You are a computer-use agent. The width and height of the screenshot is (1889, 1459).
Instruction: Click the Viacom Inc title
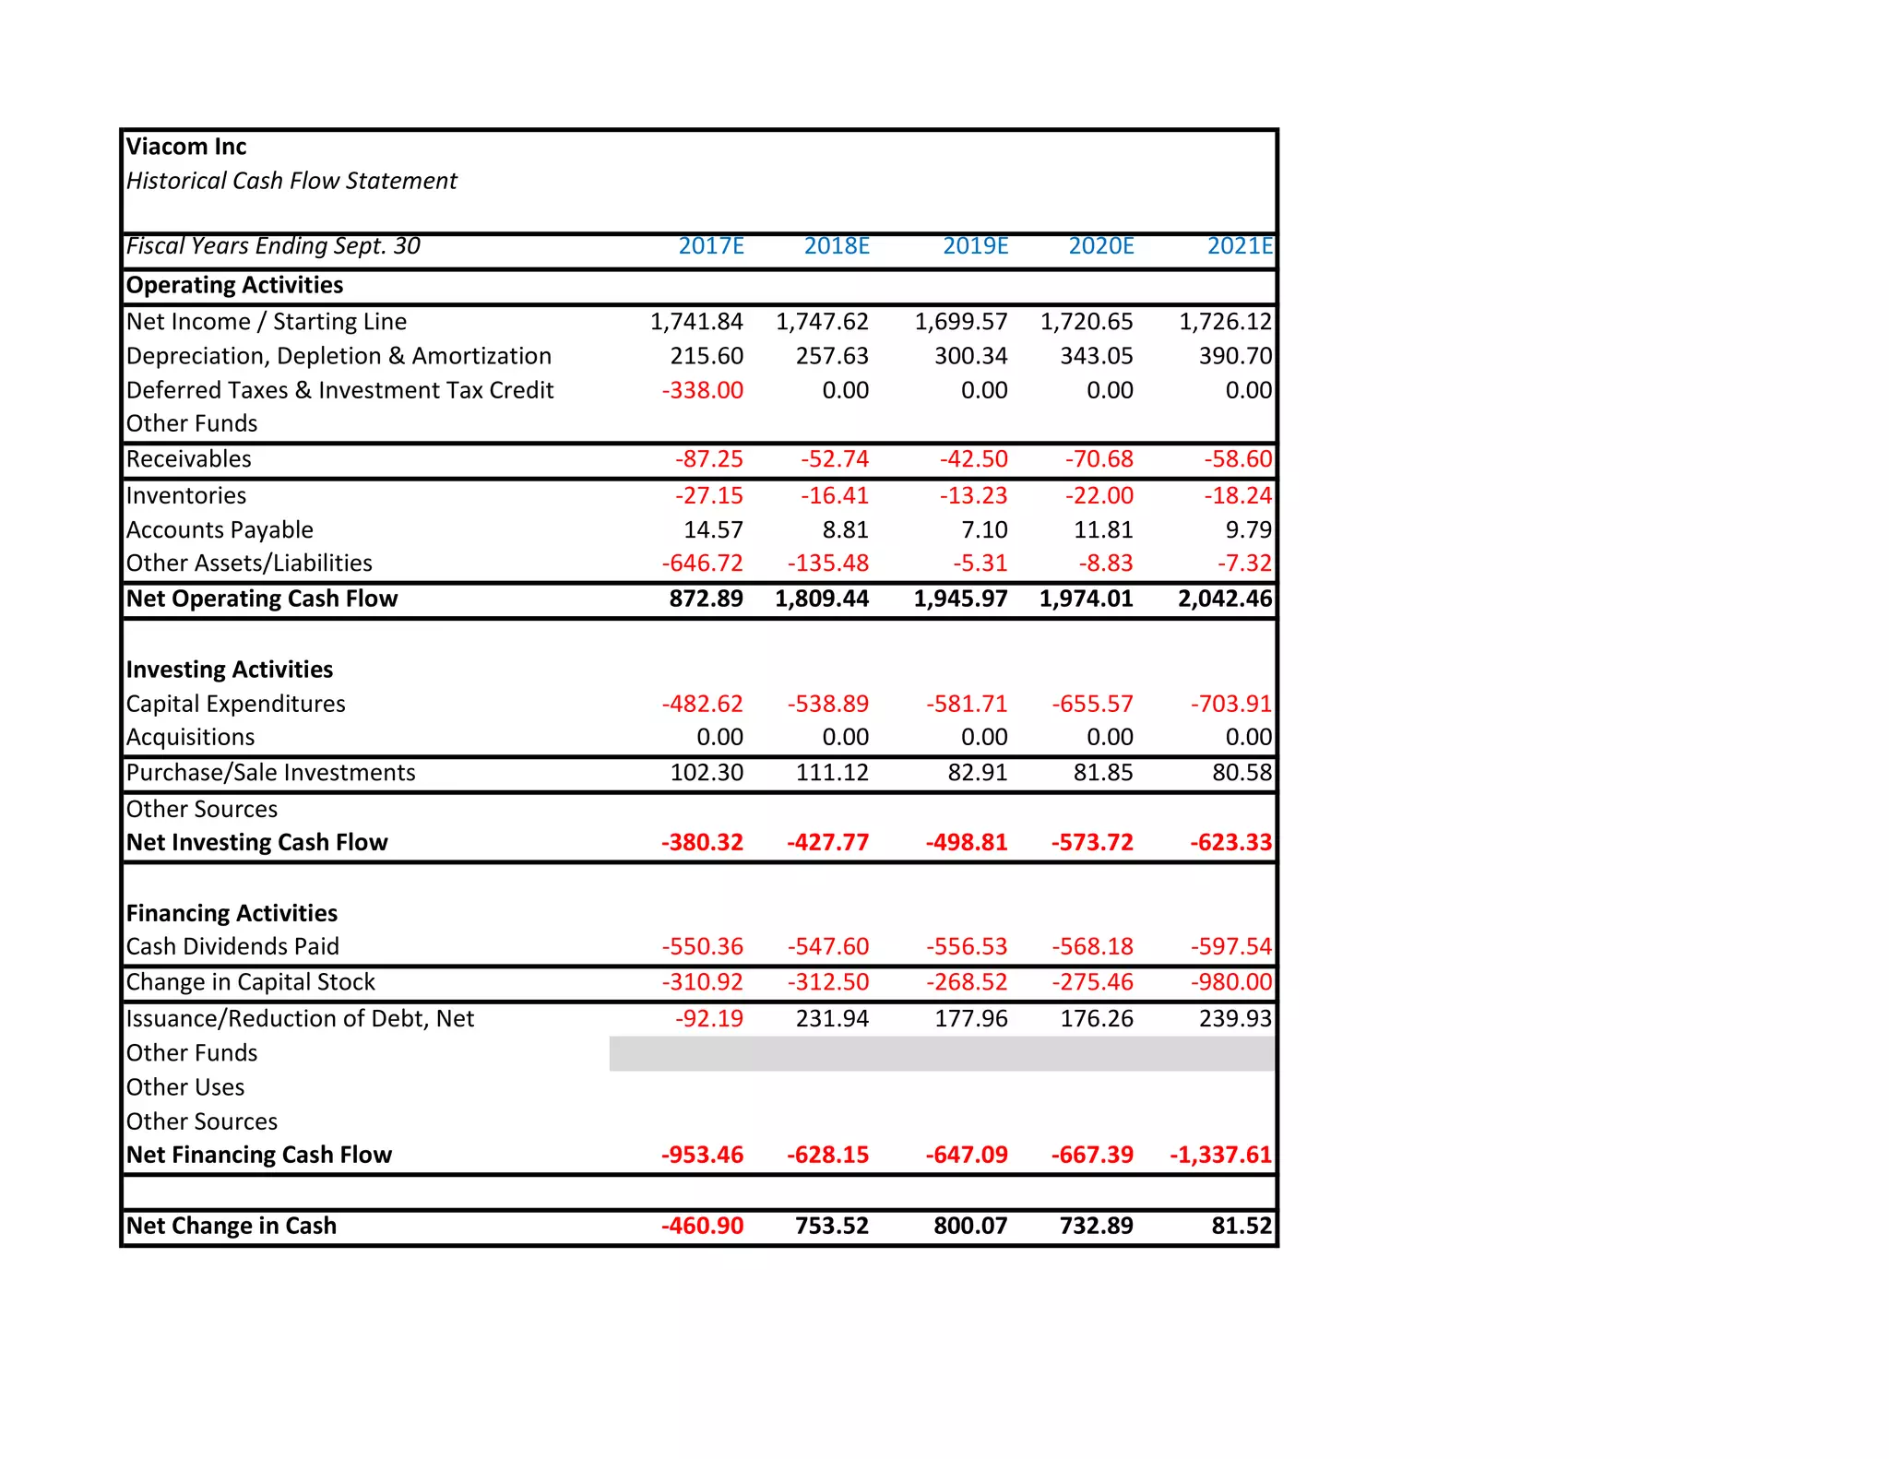coord(186,147)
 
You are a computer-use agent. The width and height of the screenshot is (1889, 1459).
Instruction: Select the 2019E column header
coord(975,246)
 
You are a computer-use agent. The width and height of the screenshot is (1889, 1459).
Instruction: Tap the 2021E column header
coord(1240,246)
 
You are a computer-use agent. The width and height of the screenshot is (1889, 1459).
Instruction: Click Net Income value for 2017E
coord(696,322)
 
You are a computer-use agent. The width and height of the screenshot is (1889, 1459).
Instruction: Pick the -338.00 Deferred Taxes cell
coord(702,390)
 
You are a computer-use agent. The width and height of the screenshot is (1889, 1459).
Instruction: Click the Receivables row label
coord(189,459)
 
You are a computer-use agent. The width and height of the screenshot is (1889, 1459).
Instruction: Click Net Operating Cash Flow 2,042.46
coord(1225,599)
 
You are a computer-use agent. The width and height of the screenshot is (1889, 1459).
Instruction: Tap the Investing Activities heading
coord(230,670)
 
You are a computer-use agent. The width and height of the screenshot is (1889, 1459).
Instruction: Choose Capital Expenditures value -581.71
coord(967,705)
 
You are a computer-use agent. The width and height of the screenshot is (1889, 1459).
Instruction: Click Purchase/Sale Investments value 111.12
coord(832,773)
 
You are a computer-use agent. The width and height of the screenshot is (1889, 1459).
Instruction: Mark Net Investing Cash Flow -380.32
coord(702,843)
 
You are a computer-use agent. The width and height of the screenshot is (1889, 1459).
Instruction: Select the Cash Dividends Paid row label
coord(232,947)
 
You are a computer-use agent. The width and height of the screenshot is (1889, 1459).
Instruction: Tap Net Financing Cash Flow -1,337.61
coord(1220,1156)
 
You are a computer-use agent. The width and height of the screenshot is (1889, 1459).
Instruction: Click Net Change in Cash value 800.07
coord(970,1227)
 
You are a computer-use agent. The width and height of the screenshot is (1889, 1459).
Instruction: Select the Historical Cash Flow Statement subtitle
coord(291,181)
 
